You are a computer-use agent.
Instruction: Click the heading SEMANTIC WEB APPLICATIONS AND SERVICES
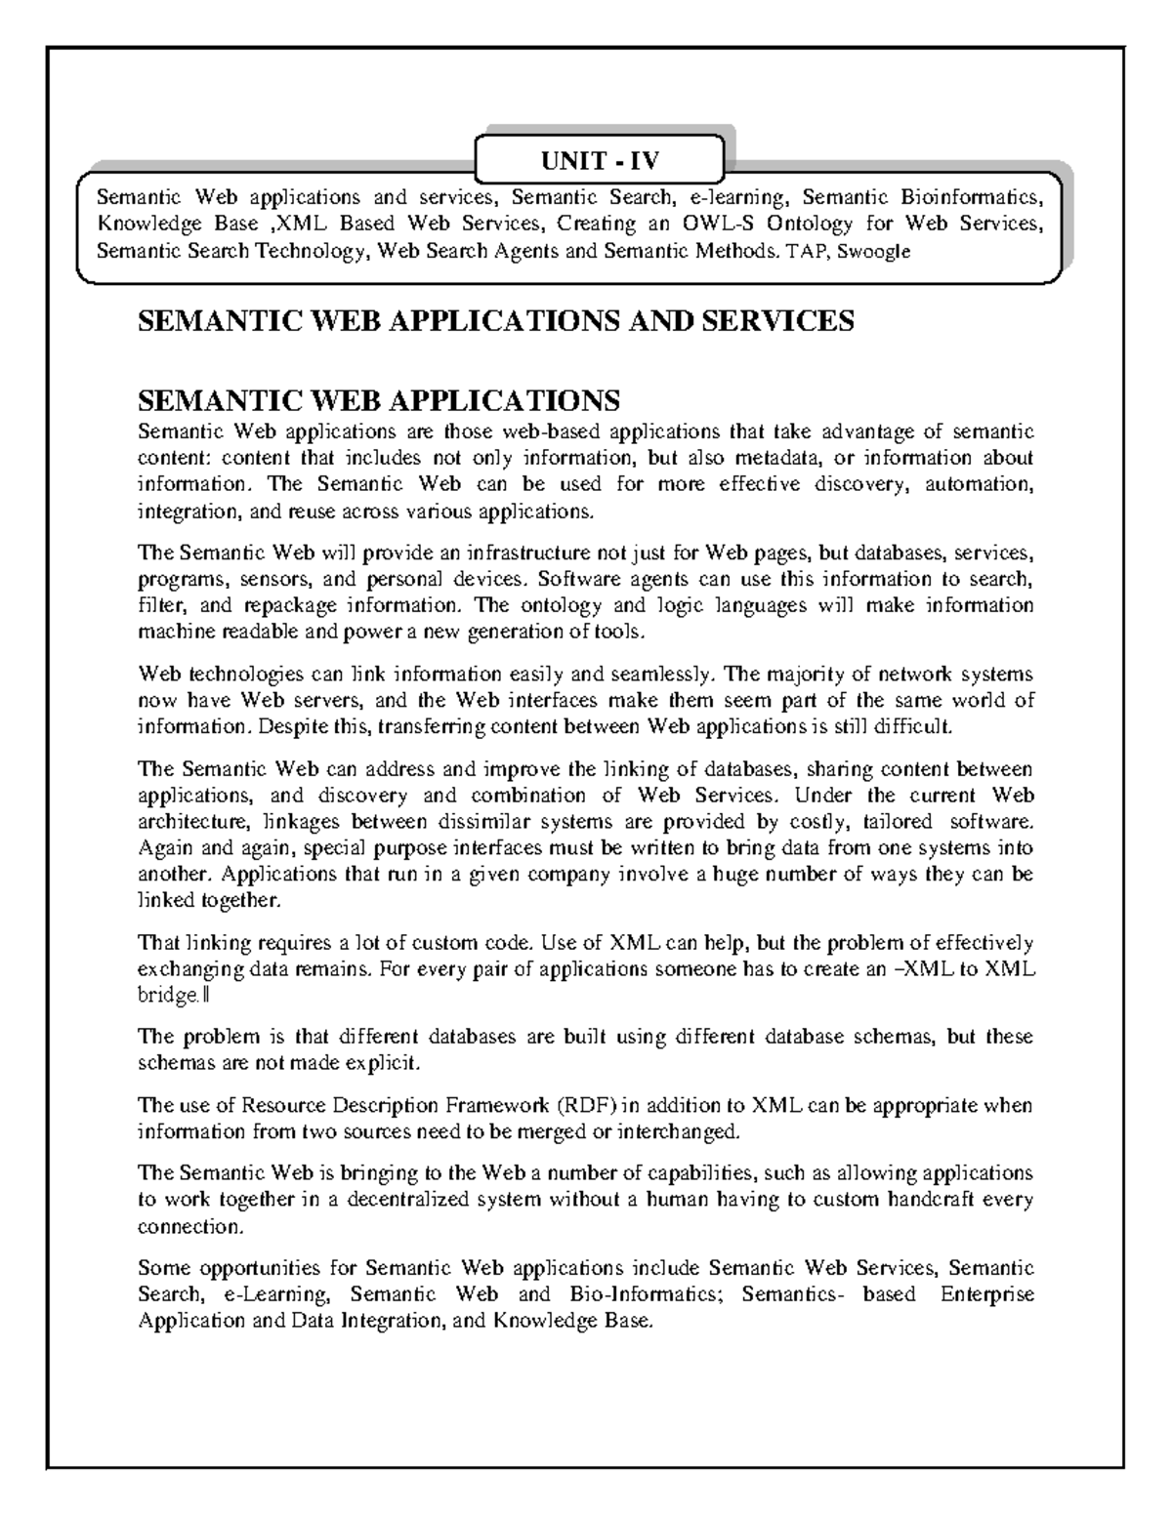[496, 321]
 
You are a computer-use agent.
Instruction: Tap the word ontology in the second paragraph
[549, 605]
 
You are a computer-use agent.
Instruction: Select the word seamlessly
[667, 674]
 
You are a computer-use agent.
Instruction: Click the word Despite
[293, 726]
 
